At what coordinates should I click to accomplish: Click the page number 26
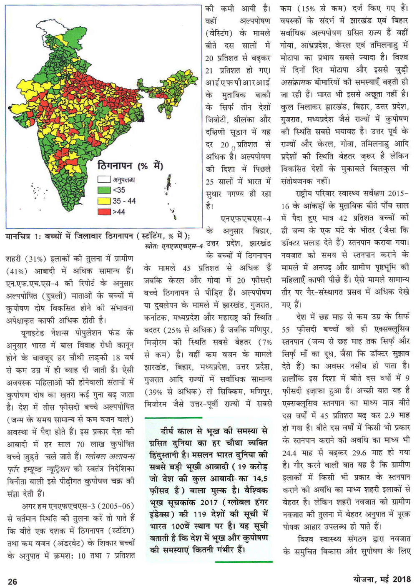click(13, 581)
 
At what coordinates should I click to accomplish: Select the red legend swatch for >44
click(104, 212)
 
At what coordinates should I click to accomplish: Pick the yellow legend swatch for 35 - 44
click(104, 201)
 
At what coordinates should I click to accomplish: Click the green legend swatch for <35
click(104, 190)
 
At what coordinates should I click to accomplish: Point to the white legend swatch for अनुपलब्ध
click(104, 180)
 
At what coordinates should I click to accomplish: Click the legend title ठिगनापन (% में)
click(130, 166)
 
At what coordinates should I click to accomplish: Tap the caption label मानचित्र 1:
click(24, 236)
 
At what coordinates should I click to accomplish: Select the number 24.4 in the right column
click(290, 453)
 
